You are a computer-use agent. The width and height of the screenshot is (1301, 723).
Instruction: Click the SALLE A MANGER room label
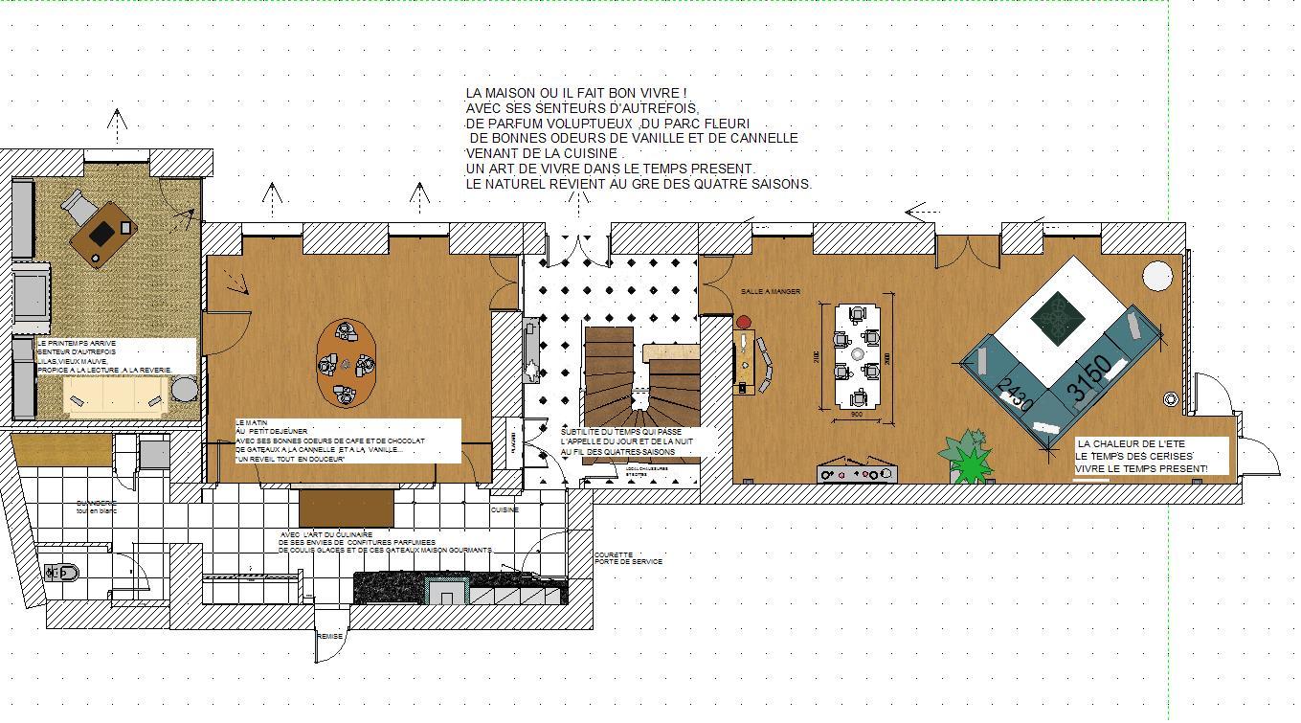(770, 291)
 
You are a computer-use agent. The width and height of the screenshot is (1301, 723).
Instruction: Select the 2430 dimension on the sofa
(1015, 394)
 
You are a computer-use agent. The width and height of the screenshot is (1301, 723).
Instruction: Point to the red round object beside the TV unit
(744, 323)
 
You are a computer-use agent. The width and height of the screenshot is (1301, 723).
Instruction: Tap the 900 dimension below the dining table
(856, 416)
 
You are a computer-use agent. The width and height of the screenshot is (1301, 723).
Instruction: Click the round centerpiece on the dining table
(857, 352)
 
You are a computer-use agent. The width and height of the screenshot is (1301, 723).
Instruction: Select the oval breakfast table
(347, 363)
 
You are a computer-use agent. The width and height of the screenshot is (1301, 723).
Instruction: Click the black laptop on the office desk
(101, 233)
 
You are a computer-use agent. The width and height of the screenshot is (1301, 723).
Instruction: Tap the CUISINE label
(505, 510)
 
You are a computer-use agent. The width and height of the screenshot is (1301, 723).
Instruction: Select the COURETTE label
(614, 554)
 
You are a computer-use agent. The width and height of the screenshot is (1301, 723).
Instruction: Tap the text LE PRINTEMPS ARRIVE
(77, 342)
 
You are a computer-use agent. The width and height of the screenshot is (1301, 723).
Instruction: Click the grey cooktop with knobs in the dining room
(857, 474)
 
